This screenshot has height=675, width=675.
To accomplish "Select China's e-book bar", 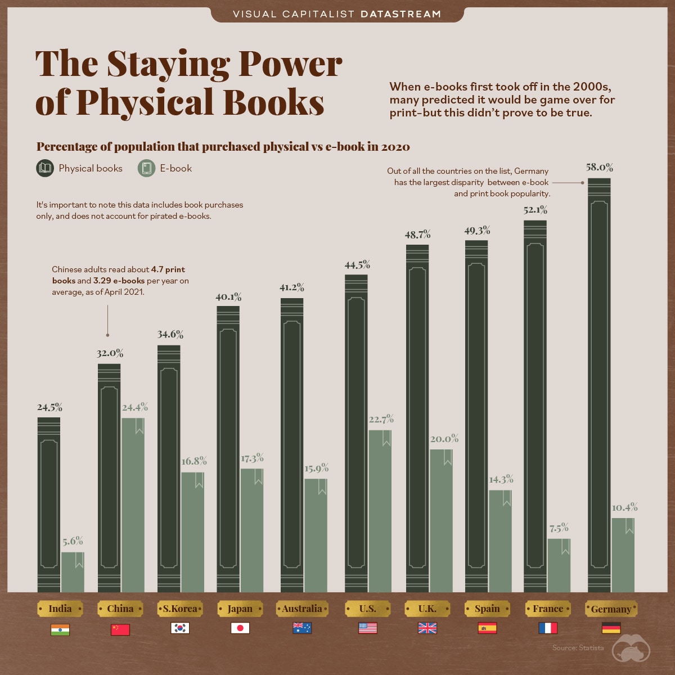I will tap(133, 506).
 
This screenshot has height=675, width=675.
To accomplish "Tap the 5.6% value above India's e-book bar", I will tap(73, 541).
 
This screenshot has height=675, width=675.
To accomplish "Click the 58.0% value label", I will tap(599, 167).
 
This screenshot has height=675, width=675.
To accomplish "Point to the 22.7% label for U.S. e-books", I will tap(381, 419).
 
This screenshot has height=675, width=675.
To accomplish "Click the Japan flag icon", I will tap(240, 628).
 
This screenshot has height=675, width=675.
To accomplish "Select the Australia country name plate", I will tap(302, 609).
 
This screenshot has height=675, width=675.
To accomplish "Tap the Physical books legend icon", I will tap(45, 168).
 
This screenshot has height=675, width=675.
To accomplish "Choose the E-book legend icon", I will tap(146, 168).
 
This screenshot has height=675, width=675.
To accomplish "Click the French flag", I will tap(547, 628).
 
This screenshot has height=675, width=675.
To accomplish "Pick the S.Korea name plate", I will tap(180, 609).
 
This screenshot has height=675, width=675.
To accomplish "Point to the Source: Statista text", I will tap(578, 648).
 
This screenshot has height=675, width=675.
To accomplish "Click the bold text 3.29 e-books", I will tap(119, 281).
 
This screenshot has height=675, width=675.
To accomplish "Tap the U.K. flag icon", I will tap(427, 628).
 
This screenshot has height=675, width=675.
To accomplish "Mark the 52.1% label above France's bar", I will tap(535, 210).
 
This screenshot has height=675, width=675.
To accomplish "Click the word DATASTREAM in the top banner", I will tap(400, 14).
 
